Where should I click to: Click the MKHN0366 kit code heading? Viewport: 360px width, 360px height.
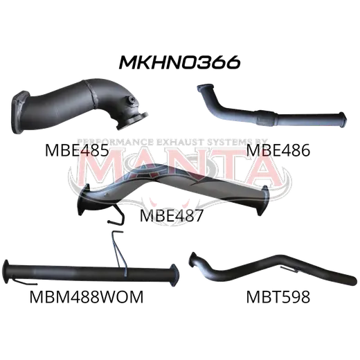click(x=179, y=62)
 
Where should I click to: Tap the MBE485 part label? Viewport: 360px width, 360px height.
click(x=77, y=150)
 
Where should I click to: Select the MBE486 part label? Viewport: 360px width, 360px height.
click(x=278, y=150)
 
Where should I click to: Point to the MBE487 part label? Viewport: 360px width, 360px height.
click(x=172, y=215)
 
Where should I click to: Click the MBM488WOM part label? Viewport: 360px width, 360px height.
click(x=87, y=297)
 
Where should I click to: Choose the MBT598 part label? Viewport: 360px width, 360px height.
click(x=278, y=297)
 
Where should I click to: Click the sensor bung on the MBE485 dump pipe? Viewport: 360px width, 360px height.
click(x=132, y=100)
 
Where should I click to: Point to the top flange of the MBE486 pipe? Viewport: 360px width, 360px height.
click(x=204, y=87)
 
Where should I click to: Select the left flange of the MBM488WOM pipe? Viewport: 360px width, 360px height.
click(x=6, y=271)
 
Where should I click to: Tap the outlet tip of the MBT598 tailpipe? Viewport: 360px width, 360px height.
click(x=352, y=280)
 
